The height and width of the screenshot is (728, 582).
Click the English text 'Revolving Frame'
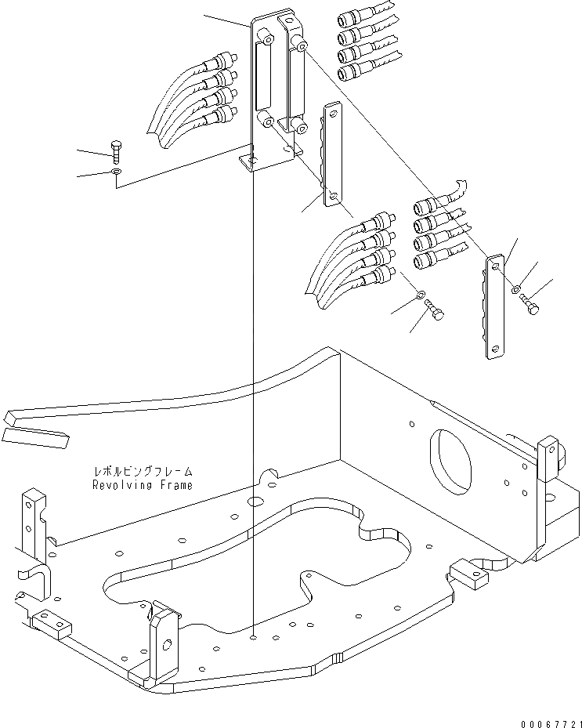pyautogui.click(x=142, y=485)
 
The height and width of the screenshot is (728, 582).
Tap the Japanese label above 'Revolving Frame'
pyautogui.click(x=142, y=473)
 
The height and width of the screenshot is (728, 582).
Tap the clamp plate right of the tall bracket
pyautogui.click(x=332, y=157)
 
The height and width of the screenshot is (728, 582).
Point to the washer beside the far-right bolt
pyautogui.click(x=516, y=292)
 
